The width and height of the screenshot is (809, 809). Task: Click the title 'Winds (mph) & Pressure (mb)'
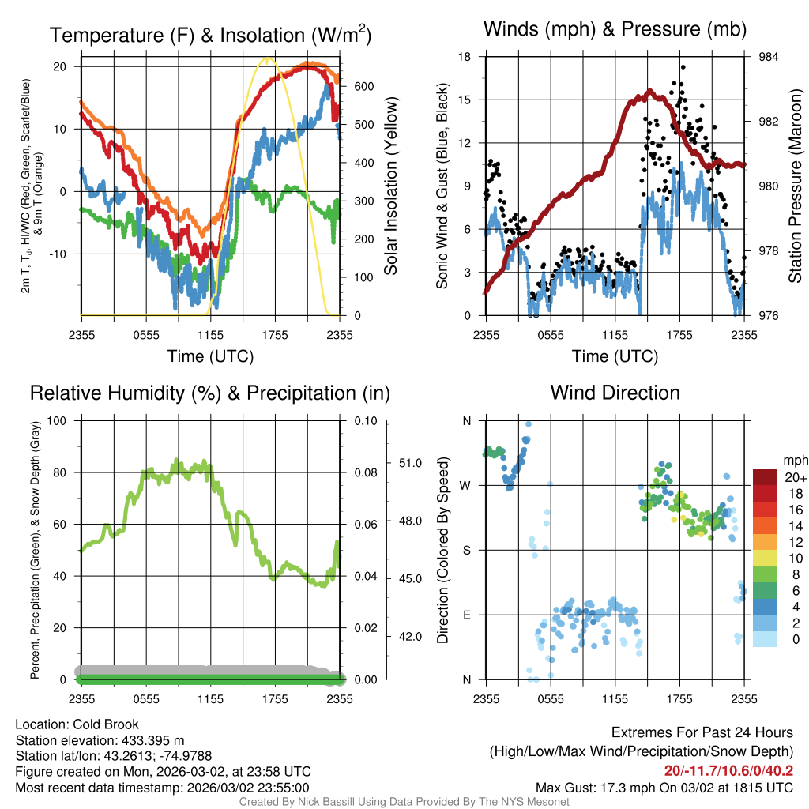(615, 30)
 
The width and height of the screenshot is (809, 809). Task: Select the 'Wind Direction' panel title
(615, 393)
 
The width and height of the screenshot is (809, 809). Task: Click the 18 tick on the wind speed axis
(465, 57)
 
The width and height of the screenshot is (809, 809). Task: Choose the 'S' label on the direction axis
(466, 550)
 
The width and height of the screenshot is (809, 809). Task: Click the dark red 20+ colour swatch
(767, 477)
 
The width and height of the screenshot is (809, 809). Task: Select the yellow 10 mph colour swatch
(767, 558)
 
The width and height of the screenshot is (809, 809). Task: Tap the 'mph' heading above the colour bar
(794, 460)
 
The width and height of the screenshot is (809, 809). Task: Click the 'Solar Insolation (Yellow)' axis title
(391, 186)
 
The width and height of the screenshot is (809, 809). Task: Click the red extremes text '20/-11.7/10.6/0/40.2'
(729, 771)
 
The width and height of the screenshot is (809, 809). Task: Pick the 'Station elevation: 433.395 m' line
(100, 740)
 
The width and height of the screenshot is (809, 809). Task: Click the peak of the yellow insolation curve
(268, 58)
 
